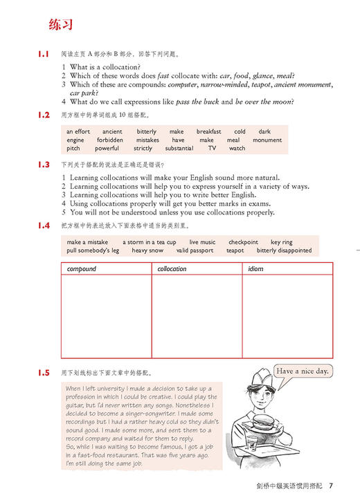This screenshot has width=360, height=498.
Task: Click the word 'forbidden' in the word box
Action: pyautogui.click(x=111, y=140)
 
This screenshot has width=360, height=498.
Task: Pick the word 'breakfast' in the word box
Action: pyautogui.click(x=208, y=131)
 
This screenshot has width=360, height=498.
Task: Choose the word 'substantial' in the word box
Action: pyautogui.click(x=179, y=148)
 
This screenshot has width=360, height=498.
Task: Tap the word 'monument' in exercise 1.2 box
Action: pyautogui.click(x=267, y=140)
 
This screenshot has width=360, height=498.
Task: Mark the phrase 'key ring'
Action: pyautogui.click(x=281, y=242)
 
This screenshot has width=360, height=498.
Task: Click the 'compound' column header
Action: pyautogui.click(x=81, y=269)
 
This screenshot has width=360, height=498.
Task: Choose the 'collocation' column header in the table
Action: pyautogui.click(x=172, y=269)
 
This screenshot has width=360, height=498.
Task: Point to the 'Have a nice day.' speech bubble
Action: pyautogui.click(x=303, y=371)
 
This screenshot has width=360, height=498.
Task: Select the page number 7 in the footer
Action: pyautogui.click(x=331, y=483)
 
